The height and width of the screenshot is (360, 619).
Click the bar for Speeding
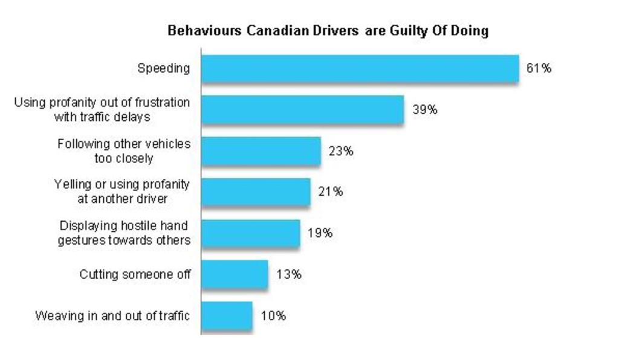360,69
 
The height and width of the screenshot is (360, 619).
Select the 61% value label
539,68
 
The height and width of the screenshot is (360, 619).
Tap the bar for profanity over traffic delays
302,110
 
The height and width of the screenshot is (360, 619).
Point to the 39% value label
425,110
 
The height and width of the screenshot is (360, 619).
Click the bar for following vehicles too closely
261,151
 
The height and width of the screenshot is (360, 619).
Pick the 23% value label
341,151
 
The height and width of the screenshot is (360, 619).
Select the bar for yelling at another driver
256,192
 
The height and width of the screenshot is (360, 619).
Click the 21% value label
331,192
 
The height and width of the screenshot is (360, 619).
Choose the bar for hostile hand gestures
250,233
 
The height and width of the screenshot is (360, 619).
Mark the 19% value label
320,233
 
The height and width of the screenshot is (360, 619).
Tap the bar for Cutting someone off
235,274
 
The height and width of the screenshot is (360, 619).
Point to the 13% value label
288,274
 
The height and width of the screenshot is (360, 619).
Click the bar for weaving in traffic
227,315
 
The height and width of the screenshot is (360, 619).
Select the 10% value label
273,315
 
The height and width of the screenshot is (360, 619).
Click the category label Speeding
163,68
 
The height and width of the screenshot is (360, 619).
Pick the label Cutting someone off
135,274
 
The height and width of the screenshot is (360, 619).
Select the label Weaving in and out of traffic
112,315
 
